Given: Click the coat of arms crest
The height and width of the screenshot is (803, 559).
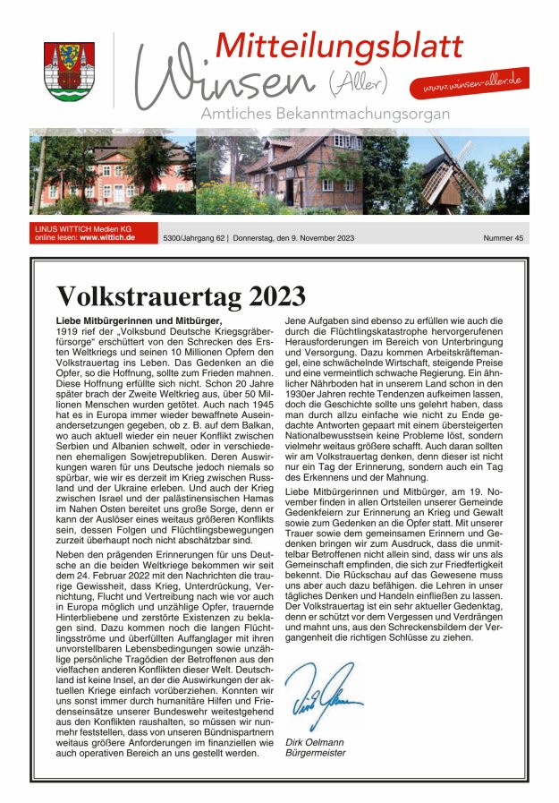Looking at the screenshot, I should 69,71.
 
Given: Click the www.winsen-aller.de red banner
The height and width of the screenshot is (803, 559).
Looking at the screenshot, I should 470,83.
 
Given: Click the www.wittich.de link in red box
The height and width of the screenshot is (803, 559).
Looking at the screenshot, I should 107,238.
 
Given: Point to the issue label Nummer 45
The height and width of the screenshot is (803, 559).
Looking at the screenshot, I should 504,238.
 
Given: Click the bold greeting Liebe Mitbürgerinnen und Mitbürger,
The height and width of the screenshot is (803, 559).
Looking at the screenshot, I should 138,320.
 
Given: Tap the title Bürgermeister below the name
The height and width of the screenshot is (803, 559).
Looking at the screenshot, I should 315,754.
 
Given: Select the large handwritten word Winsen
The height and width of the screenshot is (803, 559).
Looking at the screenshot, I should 224,81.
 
